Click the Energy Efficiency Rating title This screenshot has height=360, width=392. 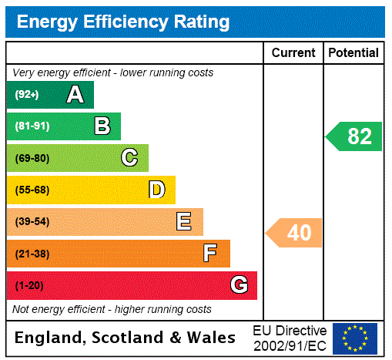coord(123,22)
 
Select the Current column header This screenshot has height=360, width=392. coord(293,52)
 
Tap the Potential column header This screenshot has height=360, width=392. coord(353,52)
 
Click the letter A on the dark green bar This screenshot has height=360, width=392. coord(75,95)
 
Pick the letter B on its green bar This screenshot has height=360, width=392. coord(102,126)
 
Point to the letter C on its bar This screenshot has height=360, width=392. coord(129,158)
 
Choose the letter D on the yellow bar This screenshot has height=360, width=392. coord(156,190)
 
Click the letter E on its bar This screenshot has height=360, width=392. coord(184,222)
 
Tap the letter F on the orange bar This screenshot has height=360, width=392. coord(210,253)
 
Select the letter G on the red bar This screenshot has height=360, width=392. coord(239,285)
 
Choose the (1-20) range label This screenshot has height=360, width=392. coord(29,285)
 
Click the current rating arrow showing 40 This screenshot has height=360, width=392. coord(294,232)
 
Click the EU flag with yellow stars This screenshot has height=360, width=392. coord(355,338)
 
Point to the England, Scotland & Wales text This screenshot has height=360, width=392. coord(126,338)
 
